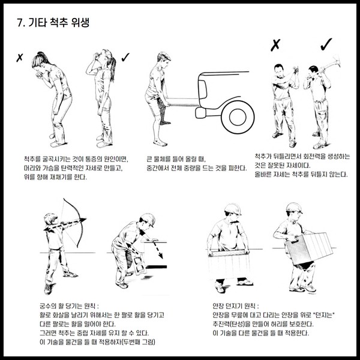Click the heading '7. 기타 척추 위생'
(53, 23)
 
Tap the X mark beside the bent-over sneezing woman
(20, 58)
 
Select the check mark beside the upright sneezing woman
(125, 57)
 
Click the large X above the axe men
(275, 45)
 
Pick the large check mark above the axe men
(326, 44)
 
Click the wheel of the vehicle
(238, 117)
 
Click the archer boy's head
(50, 219)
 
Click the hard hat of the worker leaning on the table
(148, 220)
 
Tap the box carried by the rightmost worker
(309, 248)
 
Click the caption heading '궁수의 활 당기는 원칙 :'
(69, 306)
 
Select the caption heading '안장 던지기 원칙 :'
(236, 306)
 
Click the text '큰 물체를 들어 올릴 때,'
(176, 159)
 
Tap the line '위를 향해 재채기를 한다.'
(55, 177)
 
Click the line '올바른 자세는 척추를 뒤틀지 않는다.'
(301, 175)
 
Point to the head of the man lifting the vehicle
(163, 59)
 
